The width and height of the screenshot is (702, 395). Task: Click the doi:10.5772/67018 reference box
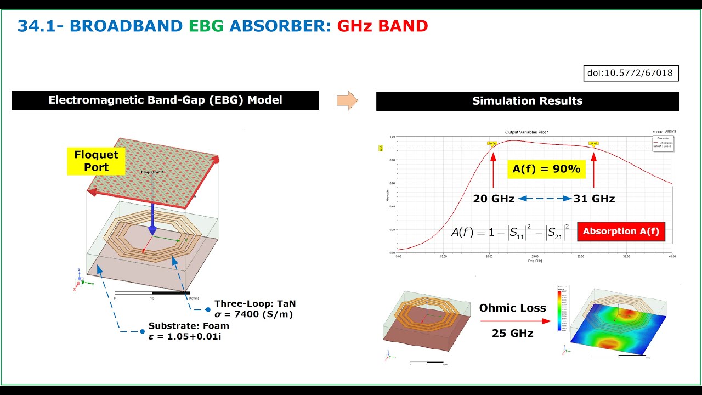click(631, 73)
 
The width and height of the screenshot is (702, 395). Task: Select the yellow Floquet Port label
click(96, 161)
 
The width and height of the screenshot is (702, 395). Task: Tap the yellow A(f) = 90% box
click(546, 169)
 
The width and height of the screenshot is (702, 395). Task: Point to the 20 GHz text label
click(493, 199)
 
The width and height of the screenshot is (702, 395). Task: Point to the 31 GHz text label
click(594, 199)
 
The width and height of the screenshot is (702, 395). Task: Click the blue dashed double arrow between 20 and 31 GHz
click(544, 199)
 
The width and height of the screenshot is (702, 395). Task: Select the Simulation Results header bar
click(527, 101)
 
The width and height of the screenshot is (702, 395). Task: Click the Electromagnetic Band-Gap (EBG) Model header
click(165, 100)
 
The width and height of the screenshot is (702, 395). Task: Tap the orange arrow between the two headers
click(347, 100)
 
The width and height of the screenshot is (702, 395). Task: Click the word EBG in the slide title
click(206, 26)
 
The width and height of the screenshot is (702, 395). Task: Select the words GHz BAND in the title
click(382, 26)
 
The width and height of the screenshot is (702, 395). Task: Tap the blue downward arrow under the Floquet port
click(153, 217)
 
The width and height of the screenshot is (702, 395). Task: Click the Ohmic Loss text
click(512, 308)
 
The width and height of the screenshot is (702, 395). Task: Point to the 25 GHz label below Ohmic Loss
click(512, 333)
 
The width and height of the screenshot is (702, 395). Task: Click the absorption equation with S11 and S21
click(511, 232)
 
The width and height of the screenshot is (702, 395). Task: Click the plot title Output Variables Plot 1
click(526, 132)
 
